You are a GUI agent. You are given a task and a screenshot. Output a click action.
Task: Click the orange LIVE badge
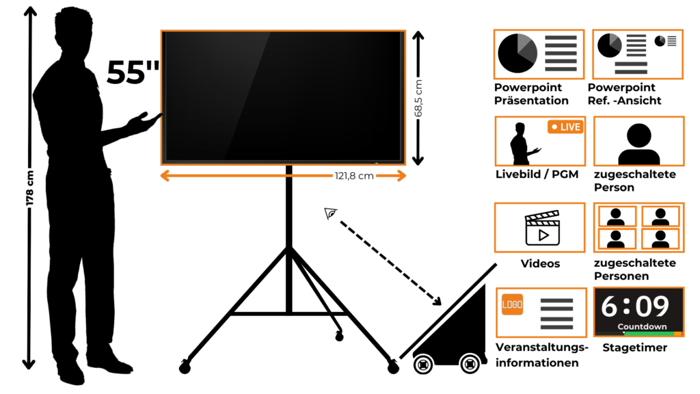pos(565,127)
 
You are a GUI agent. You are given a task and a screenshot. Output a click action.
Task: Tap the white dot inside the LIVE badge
pos(554,127)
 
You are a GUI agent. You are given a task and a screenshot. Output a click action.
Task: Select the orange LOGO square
pos(512,304)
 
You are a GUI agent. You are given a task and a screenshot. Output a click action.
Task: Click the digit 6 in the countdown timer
pos(609,306)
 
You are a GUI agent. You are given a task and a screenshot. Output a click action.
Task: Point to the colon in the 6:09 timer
pos(626,306)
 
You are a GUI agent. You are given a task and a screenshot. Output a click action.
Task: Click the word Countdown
pos(642,326)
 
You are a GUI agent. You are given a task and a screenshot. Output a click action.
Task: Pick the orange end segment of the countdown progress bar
pos(678,334)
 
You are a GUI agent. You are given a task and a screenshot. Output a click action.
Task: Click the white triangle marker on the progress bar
pos(623,333)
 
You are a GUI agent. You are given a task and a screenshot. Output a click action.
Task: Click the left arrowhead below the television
pos(165,176)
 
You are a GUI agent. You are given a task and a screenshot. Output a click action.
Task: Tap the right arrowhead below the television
pos(401,176)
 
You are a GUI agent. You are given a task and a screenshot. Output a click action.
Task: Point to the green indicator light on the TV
pos(376,163)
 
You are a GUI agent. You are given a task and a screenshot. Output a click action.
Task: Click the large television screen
pos(283,96)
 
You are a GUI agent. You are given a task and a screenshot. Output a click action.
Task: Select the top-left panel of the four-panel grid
pos(617,216)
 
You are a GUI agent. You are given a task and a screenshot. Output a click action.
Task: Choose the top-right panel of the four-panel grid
pos(660,216)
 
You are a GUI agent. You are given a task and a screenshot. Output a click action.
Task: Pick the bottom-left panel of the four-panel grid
pos(617,239)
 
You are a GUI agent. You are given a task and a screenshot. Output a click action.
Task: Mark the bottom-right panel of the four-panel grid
pos(660,239)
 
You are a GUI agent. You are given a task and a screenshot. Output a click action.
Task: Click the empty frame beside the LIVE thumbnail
pos(639,141)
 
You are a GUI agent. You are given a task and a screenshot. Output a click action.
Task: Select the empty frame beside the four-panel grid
pos(540,227)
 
